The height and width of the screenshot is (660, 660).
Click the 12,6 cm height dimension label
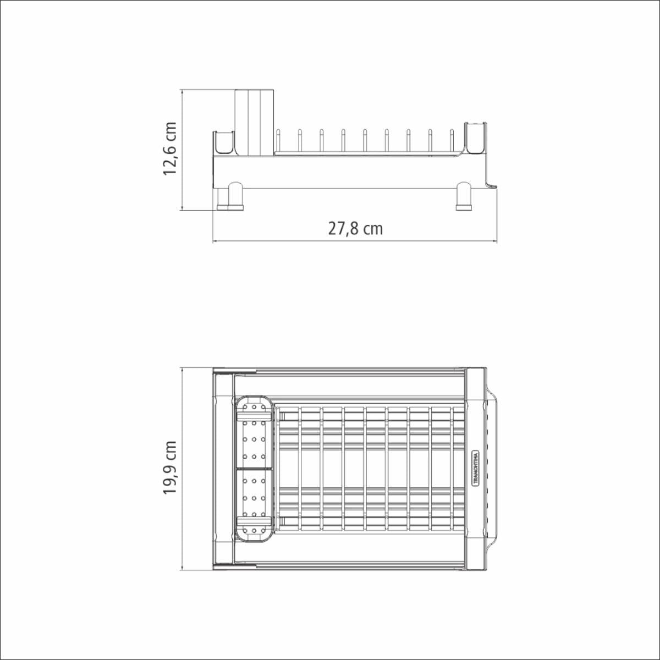(x=170, y=148)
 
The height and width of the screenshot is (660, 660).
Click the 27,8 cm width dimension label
(x=355, y=229)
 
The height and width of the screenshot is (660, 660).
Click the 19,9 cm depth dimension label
(x=170, y=468)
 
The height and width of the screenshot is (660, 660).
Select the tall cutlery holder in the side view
(x=255, y=122)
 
